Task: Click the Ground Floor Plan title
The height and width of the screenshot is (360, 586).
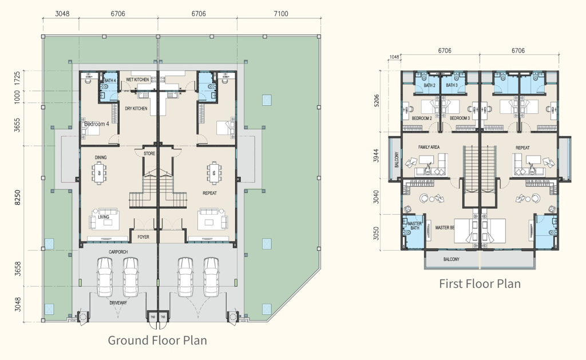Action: pyautogui.click(x=157, y=341)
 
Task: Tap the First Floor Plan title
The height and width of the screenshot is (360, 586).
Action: pyautogui.click(x=480, y=283)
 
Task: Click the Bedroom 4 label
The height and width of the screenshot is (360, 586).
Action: pyautogui.click(x=96, y=124)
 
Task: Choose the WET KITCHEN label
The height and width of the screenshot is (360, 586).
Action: pyautogui.click(x=137, y=80)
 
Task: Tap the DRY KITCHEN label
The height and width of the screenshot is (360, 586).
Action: pyautogui.click(x=136, y=108)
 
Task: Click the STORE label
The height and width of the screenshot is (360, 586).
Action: pyautogui.click(x=149, y=153)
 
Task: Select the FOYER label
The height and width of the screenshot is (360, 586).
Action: pyautogui.click(x=143, y=236)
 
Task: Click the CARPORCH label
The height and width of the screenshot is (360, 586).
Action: pyautogui.click(x=119, y=251)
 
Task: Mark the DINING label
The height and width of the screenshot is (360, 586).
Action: pyautogui.click(x=101, y=157)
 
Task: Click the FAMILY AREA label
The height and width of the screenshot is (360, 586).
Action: pyautogui.click(x=429, y=147)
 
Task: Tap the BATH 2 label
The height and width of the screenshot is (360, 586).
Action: pyautogui.click(x=430, y=85)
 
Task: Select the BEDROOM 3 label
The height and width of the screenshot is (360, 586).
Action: pyautogui.click(x=460, y=118)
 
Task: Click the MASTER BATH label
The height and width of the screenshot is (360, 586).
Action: pyautogui.click(x=414, y=226)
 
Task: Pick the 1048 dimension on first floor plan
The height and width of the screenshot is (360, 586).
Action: pyautogui.click(x=394, y=57)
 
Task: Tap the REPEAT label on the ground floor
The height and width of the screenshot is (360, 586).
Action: pyautogui.click(x=210, y=193)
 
